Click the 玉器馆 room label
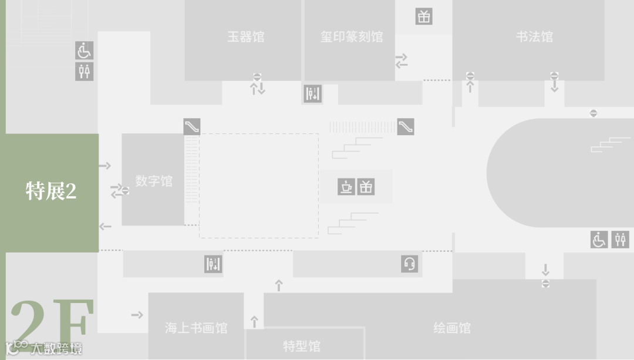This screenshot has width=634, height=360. pos(245,36)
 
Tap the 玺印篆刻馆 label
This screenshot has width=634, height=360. pos(351,36)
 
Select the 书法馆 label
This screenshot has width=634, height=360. pos(534,36)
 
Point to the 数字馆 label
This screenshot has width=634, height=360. pos(154,181)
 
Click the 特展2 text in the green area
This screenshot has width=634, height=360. pos(51,191)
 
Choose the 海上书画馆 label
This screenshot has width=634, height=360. pos(196,328)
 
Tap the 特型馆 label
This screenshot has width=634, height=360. pos(302,346)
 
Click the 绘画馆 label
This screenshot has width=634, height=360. pos(452,328)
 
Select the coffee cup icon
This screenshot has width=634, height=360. pos(346,187)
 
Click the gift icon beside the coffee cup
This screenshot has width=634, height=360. pos(366,187)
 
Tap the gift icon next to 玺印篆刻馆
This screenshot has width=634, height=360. pos(424,16)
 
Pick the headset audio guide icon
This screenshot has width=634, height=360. pos(410,264)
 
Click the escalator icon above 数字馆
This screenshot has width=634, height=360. pos(191,126)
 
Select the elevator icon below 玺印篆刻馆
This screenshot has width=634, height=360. pos(313,93)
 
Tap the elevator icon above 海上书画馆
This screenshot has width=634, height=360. pos(213,264)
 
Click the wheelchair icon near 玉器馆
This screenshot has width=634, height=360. pos(85,51)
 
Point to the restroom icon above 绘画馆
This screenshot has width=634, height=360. pos(620,240)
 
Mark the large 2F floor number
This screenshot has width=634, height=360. pos(52,323)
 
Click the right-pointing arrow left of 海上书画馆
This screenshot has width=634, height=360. pos(137,315)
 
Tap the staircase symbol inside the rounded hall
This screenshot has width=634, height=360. pos(611,144)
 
